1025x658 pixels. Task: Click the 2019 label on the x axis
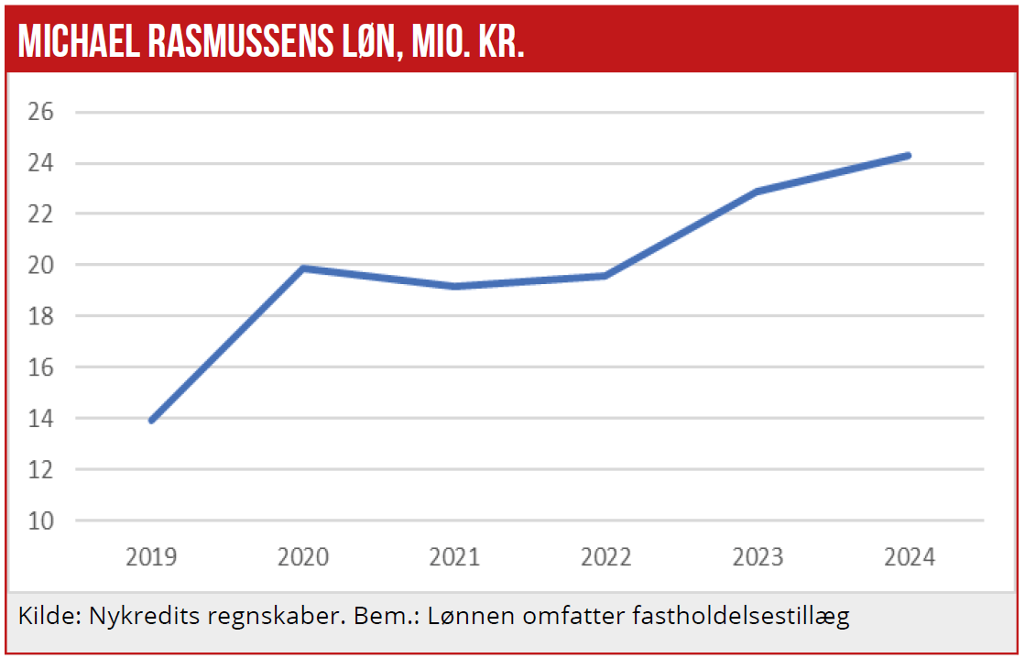click(152, 557)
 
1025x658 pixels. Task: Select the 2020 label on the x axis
click(303, 557)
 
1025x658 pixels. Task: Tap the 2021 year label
click(454, 557)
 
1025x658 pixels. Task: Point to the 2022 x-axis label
click(606, 557)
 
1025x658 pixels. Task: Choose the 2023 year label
click(758, 557)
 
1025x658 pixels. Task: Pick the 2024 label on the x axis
click(910, 557)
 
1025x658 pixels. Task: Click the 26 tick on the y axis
click(43, 113)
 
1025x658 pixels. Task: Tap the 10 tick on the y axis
click(43, 521)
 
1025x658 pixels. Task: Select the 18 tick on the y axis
click(43, 316)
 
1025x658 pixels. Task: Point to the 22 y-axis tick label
click(43, 214)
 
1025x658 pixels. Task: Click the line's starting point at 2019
click(151, 420)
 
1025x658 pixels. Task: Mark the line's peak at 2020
click(303, 269)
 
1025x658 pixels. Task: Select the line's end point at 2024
click(908, 156)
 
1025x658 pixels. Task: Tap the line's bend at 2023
click(758, 192)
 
